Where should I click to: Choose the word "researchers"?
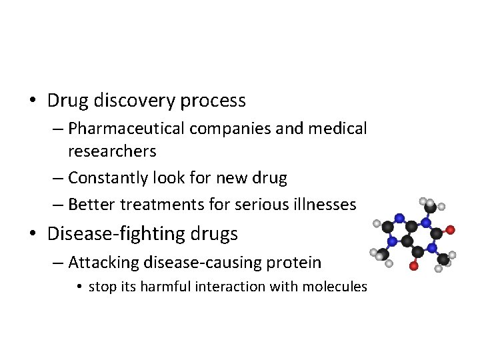click(112, 151)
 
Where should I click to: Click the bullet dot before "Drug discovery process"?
click(33, 102)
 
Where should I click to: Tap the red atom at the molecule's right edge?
click(451, 230)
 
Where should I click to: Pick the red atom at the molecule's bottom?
click(414, 267)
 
